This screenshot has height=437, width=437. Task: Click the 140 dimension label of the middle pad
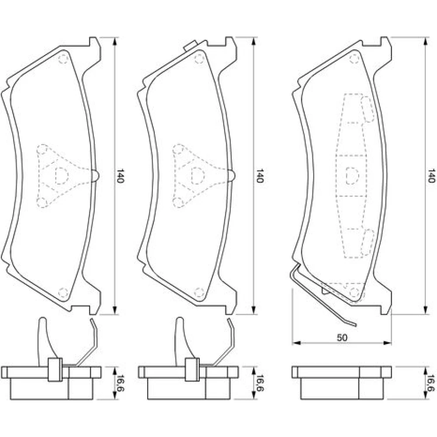pyautogui.click(x=260, y=176)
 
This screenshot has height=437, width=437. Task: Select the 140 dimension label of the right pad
pyautogui.click(x=431, y=176)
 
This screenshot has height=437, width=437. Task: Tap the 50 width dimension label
pyautogui.click(x=342, y=337)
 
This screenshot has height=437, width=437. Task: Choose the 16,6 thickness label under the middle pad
pyautogui.click(x=260, y=383)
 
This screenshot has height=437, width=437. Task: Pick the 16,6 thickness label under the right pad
pyautogui.click(x=431, y=383)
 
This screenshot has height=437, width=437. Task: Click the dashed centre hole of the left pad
pyautogui.click(x=62, y=176)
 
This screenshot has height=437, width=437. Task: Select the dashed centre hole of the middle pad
pyautogui.click(x=198, y=176)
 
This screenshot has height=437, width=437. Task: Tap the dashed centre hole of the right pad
pyautogui.click(x=352, y=176)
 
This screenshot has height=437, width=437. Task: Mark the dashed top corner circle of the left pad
pyautogui.click(x=63, y=59)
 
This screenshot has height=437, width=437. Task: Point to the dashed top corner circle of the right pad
pyautogui.click(x=354, y=59)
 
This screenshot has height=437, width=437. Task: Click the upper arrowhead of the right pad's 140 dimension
pyautogui.click(x=425, y=41)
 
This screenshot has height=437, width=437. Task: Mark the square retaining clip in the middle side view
pyautogui.click(x=192, y=370)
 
